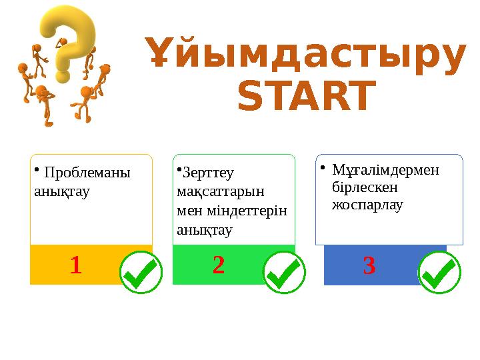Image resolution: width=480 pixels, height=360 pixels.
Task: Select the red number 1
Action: pyautogui.click(x=75, y=266)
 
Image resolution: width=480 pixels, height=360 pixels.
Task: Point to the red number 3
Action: pyautogui.click(x=369, y=266)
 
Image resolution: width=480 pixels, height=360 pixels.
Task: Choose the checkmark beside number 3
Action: pyautogui.click(x=439, y=273)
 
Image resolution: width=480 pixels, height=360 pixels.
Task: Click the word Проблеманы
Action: pyautogui.click(x=87, y=173)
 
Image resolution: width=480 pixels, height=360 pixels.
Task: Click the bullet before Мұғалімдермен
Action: pyautogui.click(x=321, y=167)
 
